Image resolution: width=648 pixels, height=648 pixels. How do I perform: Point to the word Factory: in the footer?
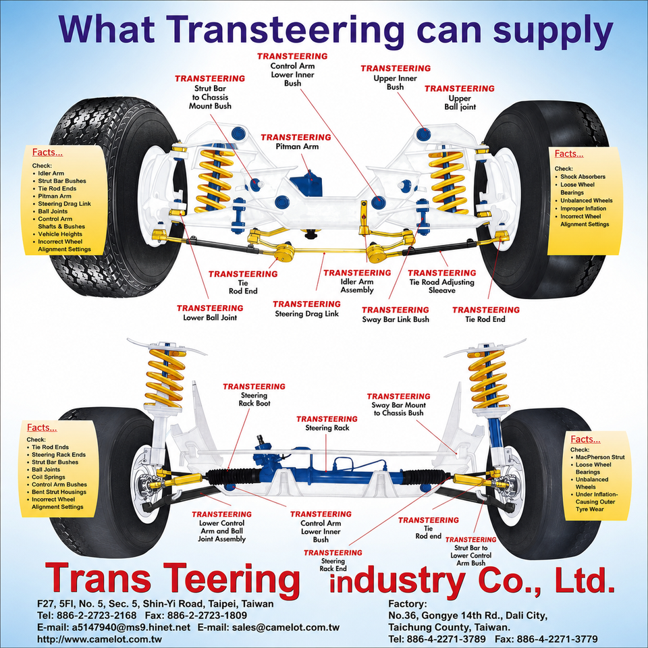point(408,603)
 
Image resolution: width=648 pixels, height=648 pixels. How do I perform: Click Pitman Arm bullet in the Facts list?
point(55,196)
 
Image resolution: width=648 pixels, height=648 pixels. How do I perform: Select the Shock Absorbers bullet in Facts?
point(583,176)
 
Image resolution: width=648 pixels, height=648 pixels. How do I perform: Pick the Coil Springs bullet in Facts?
point(49,477)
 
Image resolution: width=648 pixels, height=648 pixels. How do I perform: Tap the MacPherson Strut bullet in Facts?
point(600,457)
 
